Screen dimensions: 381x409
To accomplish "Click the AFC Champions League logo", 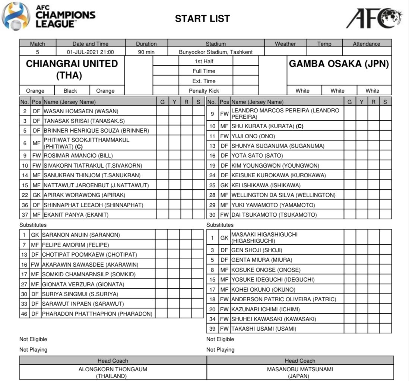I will pyautogui.click(x=48, y=16).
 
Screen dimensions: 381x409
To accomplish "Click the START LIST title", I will pyautogui.click(x=202, y=19).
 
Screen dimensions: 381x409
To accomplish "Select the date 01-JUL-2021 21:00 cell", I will pyautogui.click(x=91, y=52).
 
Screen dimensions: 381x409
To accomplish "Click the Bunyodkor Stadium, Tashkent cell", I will pyautogui.click(x=216, y=52).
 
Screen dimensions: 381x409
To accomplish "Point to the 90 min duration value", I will pyautogui.click(x=146, y=52).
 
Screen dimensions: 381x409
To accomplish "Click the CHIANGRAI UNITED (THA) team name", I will pyautogui.click(x=72, y=70).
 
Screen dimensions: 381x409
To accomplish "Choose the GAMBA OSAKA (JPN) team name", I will pyautogui.click(x=339, y=64).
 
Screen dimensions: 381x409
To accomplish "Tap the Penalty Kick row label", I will pyautogui.click(x=204, y=91).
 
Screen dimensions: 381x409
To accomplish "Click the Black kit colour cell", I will pyautogui.click(x=70, y=91).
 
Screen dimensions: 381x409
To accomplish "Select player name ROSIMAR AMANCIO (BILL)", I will pyautogui.click(x=78, y=156).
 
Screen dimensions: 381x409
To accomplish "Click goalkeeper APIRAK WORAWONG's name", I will pyautogui.click(x=85, y=195).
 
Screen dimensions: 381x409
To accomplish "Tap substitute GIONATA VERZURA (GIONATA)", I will pyautogui.click(x=83, y=285).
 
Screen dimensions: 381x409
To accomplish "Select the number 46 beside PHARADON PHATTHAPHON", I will pyautogui.click(x=24, y=314).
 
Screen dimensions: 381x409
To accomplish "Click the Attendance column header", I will pyautogui.click(x=366, y=44).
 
